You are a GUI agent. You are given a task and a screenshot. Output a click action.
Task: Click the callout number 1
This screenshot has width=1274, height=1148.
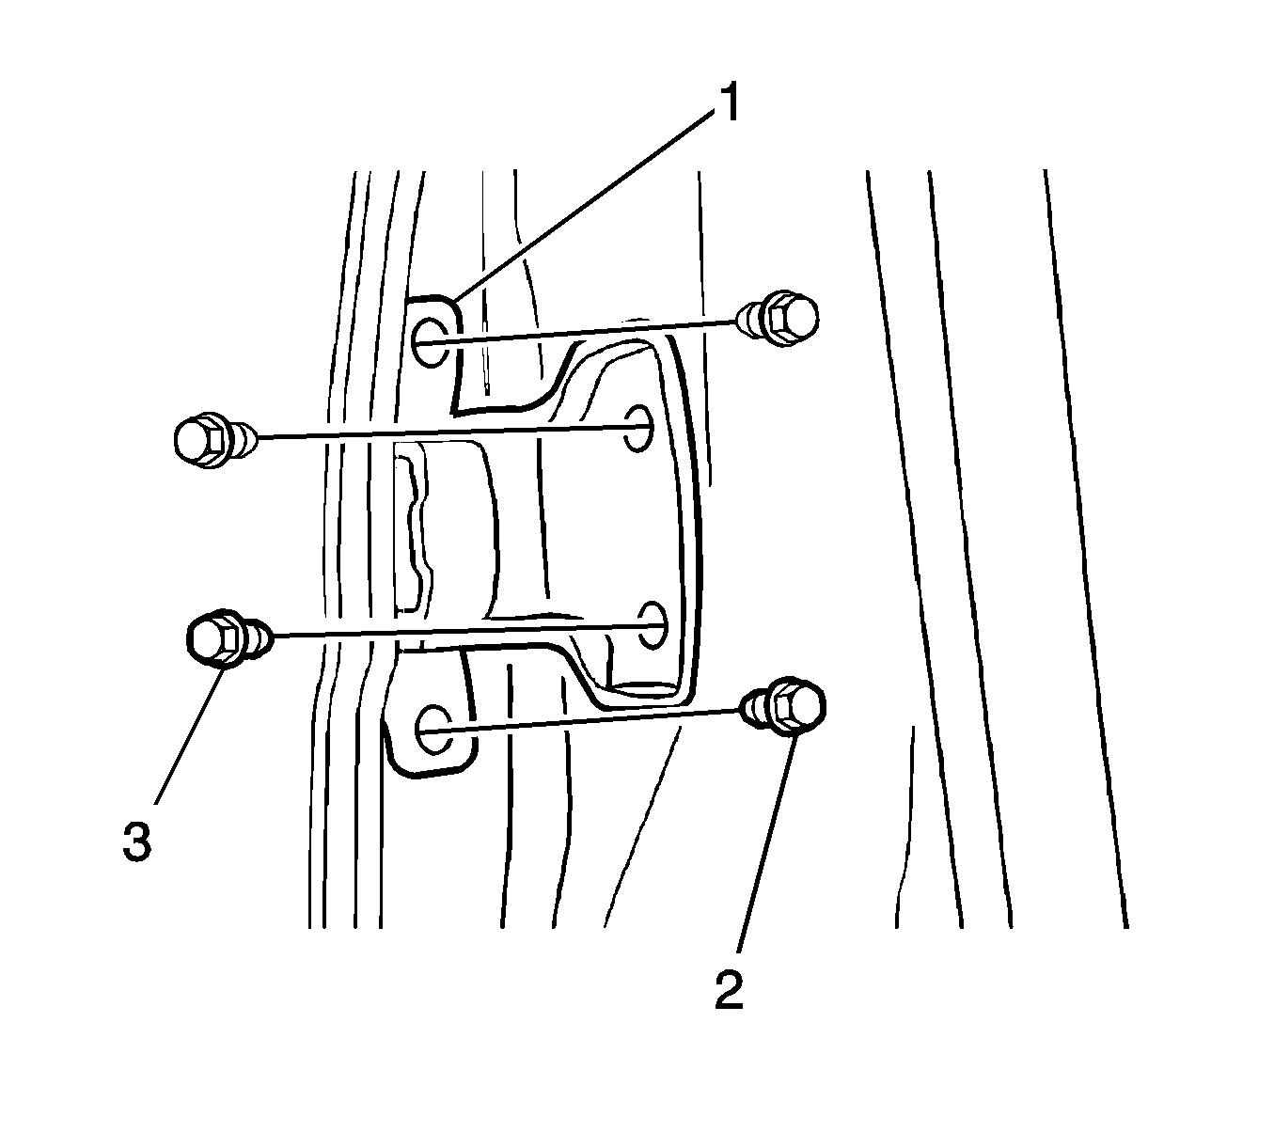tap(727, 103)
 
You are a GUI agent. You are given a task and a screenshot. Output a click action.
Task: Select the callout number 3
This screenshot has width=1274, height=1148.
tap(136, 840)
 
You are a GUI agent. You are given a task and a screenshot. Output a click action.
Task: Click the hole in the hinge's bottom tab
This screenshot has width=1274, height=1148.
tap(432, 730)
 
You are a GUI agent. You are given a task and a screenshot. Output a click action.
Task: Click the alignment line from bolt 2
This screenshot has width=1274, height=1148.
tap(592, 718)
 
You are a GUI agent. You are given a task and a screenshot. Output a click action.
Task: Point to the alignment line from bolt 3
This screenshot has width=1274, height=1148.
tap(451, 631)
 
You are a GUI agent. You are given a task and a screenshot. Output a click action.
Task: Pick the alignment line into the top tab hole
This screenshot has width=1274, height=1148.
tap(592, 329)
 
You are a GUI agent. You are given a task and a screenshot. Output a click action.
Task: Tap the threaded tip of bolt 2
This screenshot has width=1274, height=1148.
tap(753, 704)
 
